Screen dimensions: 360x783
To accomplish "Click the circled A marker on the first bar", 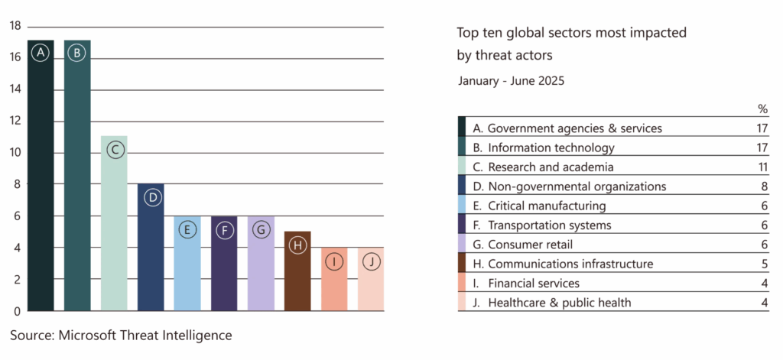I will (x=41, y=53).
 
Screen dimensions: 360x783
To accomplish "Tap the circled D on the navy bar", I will (x=151, y=198).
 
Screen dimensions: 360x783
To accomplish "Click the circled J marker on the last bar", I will (x=371, y=261).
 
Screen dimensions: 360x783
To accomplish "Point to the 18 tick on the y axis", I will (x=15, y=26).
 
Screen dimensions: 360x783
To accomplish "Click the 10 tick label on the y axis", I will (x=15, y=153).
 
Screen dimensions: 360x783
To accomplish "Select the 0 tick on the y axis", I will (x=15, y=311).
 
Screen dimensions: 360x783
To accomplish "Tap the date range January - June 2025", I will (x=511, y=80).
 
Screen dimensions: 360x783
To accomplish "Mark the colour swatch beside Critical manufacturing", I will (x=462, y=206).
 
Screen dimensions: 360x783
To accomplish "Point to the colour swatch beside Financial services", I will (x=462, y=284).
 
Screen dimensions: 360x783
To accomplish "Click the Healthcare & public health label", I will (x=559, y=303).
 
